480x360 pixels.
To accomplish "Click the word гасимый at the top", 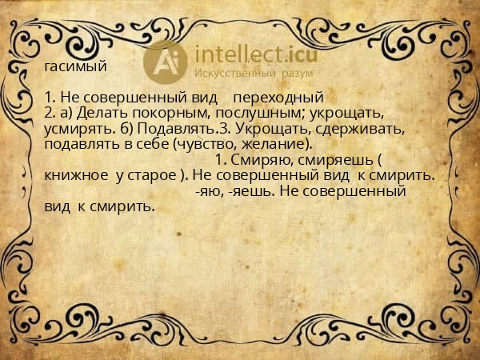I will click(77, 66).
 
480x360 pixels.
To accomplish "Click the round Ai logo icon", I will click(164, 60).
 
